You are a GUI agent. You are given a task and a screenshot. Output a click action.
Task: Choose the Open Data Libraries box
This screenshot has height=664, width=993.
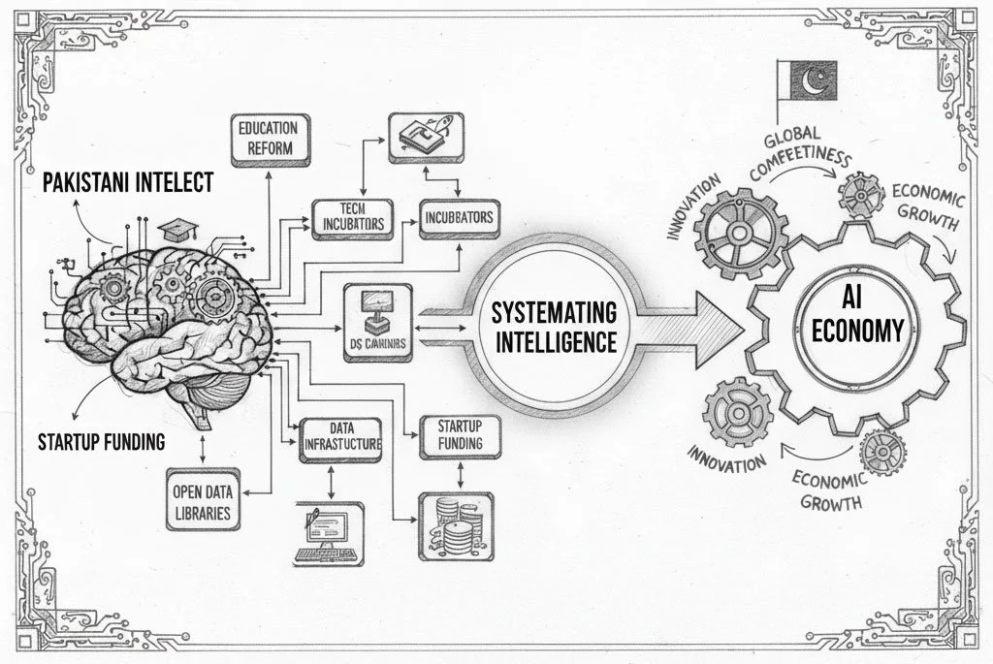coord(202,499)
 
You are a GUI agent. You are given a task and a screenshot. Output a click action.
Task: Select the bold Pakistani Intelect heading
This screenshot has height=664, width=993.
coord(128,182)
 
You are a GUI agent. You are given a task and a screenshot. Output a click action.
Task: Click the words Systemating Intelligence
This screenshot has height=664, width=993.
coord(553,327)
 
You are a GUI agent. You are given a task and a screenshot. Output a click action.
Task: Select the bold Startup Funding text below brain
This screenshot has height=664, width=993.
coord(101,443)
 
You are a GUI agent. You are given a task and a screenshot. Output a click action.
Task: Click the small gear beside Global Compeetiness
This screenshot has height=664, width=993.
coord(859,195)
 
